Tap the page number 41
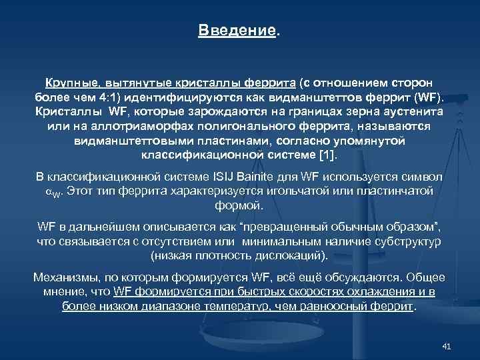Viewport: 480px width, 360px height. [x=447, y=345]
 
